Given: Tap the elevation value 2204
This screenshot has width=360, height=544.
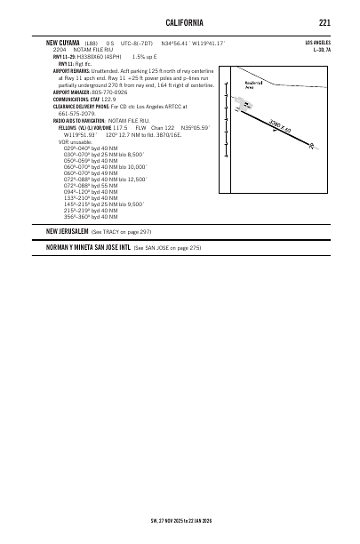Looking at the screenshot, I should [60, 50].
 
